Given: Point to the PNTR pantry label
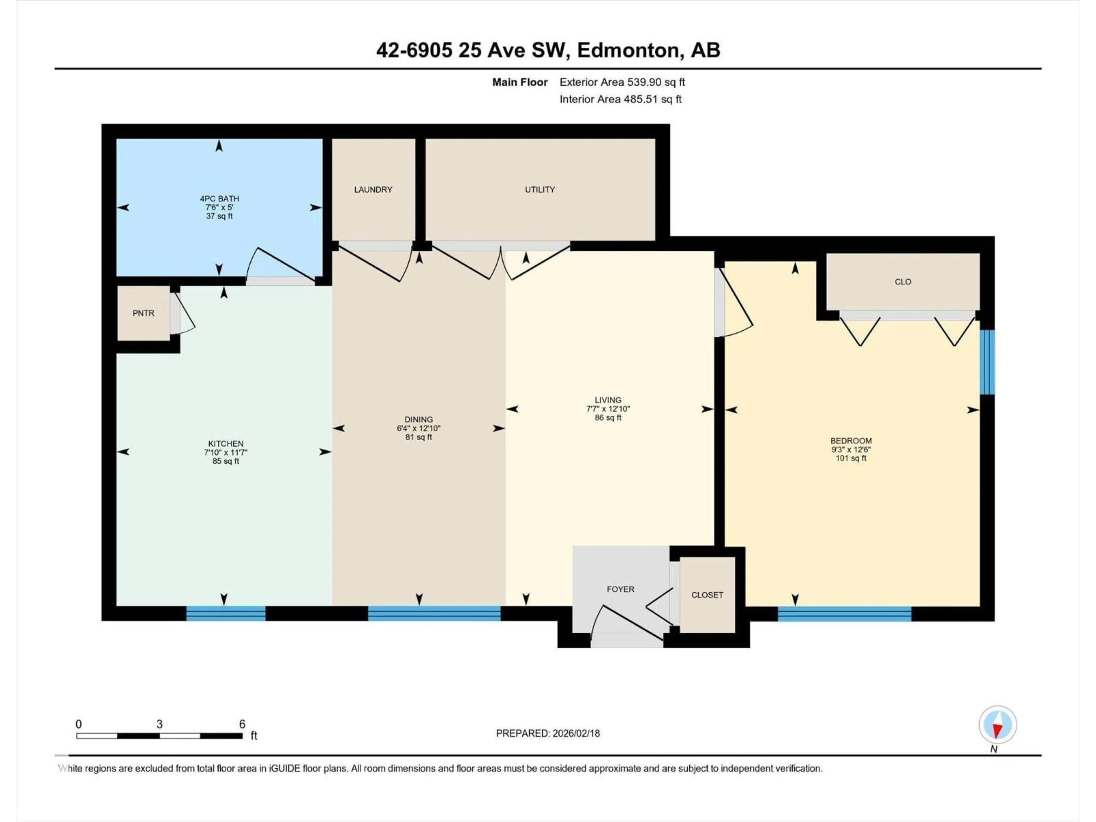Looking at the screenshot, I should click(x=143, y=313).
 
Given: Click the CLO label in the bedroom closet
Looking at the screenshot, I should click(x=903, y=281).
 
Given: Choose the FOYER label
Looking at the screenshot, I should click(x=620, y=589).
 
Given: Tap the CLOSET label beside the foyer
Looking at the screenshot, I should click(x=707, y=595).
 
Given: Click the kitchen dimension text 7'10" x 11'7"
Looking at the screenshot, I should click(x=225, y=452).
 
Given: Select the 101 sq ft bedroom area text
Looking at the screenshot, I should click(x=851, y=458).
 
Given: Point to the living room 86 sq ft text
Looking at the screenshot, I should click(x=608, y=418).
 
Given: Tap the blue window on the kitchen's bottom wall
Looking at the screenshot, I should click(x=225, y=613).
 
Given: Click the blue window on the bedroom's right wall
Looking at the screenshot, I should click(x=988, y=362).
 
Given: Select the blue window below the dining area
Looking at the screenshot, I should click(x=434, y=613).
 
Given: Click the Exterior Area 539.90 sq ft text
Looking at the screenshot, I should click(x=622, y=82).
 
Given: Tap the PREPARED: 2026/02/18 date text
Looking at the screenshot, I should click(x=547, y=733).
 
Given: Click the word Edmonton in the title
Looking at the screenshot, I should click(x=628, y=50).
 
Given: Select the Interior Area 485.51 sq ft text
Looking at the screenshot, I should click(x=620, y=99).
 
